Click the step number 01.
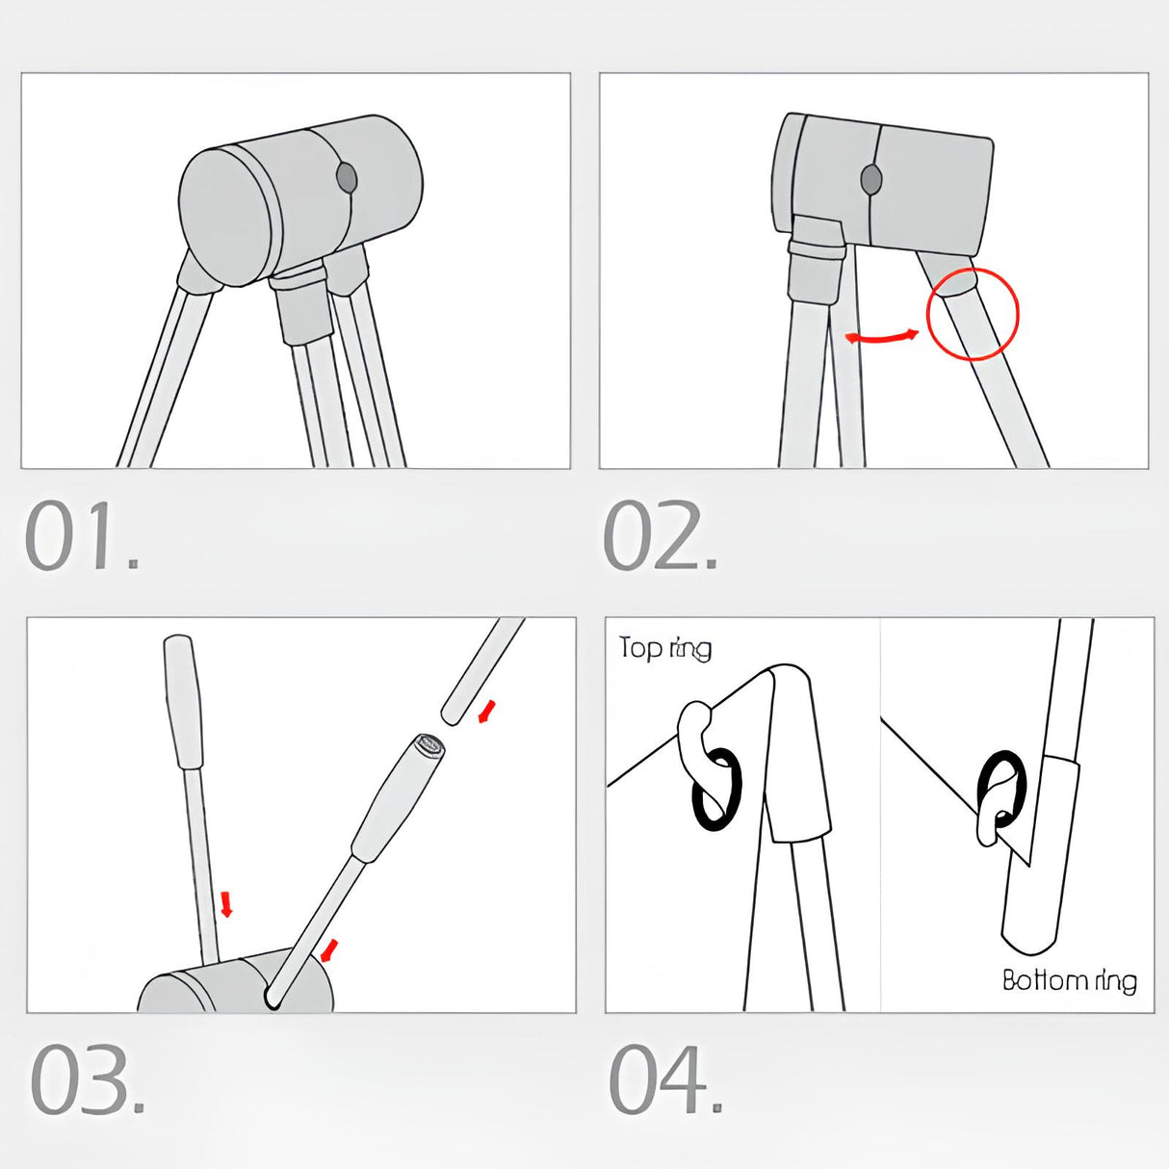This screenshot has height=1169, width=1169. [82, 535]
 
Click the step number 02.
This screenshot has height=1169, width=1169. [660, 535]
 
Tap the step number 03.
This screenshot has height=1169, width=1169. [88, 1080]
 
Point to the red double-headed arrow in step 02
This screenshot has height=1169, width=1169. [882, 337]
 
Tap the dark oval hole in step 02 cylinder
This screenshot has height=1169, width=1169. [871, 179]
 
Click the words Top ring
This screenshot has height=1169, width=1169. [664, 649]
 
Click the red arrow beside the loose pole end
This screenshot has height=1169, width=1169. [487, 711]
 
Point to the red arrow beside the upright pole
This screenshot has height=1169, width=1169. [226, 904]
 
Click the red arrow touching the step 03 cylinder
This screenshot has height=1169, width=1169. [328, 950]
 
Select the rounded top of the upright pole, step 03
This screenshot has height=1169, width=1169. [179, 643]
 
